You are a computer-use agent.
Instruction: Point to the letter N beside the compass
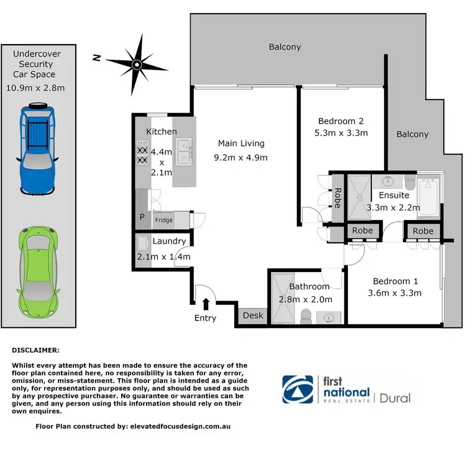point(96,58)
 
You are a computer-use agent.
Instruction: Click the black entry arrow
point(206,303)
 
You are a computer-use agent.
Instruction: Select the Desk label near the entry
point(252,316)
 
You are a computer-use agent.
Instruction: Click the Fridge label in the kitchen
point(163,220)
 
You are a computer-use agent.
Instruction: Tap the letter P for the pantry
point(141,218)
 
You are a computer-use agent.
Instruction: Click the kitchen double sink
point(183,151)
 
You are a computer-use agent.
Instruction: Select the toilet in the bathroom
point(305,317)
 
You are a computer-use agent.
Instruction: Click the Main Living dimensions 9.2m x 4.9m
point(240,157)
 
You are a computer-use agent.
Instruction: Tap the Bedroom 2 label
point(340,121)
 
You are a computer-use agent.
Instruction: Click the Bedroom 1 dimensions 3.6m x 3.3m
point(395,293)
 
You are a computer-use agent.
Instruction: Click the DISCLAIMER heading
point(36,350)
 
